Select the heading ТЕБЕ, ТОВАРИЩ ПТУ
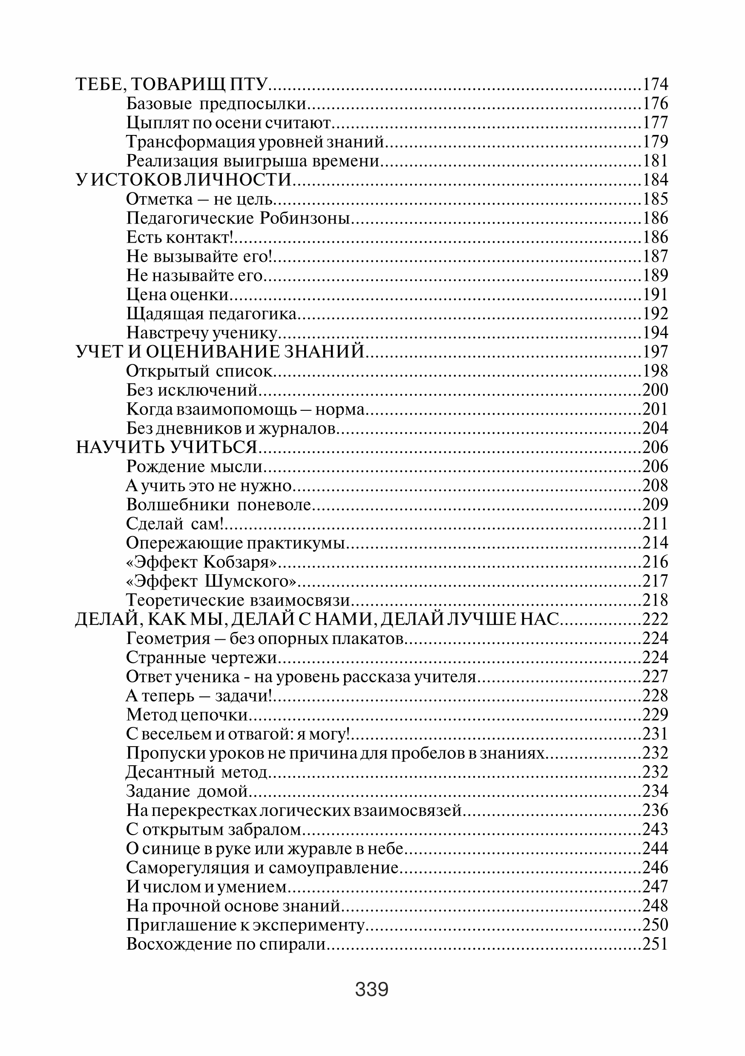click(x=171, y=84)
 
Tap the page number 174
click(x=655, y=84)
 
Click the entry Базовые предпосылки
click(x=216, y=104)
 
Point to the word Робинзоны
click(x=305, y=218)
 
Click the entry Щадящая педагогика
click(x=211, y=314)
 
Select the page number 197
click(x=655, y=352)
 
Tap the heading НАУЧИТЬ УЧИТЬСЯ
click(x=166, y=447)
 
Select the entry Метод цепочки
click(x=187, y=715)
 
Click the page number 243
click(x=655, y=829)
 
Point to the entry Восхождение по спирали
click(x=226, y=944)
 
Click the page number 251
click(x=655, y=944)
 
